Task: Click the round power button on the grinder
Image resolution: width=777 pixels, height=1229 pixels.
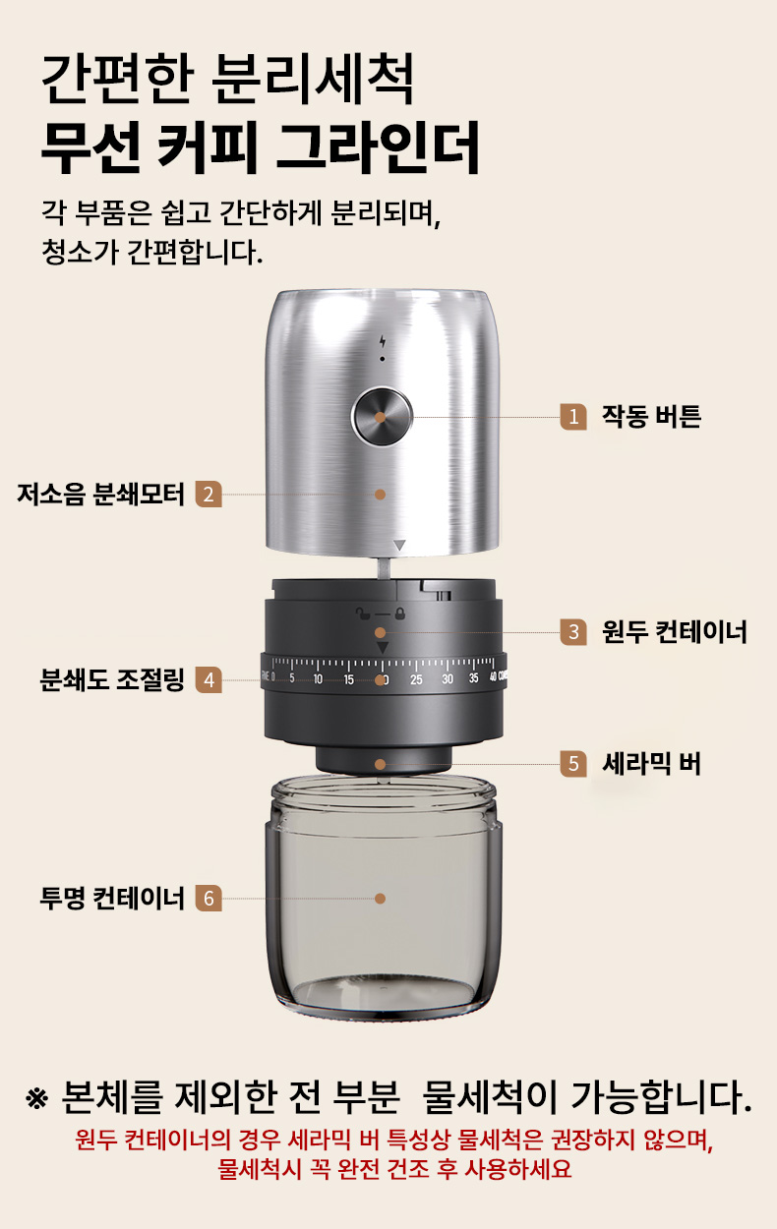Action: click(x=382, y=417)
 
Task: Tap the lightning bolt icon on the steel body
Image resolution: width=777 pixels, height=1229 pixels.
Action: click(x=383, y=341)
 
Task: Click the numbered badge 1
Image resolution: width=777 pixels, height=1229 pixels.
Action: click(x=573, y=417)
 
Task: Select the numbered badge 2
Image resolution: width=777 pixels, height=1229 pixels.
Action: click(x=209, y=495)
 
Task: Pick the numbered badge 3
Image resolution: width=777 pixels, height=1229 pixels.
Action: click(x=573, y=631)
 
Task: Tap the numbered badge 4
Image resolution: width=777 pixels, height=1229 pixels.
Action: click(x=209, y=679)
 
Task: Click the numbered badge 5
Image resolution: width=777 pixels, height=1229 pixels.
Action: click(x=573, y=764)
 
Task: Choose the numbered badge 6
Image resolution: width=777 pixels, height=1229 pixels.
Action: click(x=209, y=899)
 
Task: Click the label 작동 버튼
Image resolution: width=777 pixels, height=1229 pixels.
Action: click(x=651, y=416)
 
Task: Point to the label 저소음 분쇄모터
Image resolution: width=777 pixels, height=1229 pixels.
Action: click(x=101, y=494)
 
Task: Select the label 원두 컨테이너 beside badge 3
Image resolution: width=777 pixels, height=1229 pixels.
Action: click(x=675, y=631)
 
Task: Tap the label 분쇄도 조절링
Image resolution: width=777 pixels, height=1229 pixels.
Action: click(x=112, y=679)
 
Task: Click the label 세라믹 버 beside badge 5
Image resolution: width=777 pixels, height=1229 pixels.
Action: click(x=651, y=764)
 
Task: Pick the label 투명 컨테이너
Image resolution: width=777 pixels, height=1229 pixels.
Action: click(x=112, y=899)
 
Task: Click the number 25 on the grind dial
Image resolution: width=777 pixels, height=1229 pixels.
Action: click(x=416, y=679)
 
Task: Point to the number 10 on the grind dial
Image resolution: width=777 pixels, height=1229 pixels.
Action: click(x=318, y=679)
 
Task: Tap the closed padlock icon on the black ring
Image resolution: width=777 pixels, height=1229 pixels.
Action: click(x=400, y=613)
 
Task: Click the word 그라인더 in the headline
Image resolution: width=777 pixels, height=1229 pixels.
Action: click(x=378, y=148)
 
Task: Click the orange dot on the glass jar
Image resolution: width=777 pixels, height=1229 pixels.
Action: click(x=381, y=899)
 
